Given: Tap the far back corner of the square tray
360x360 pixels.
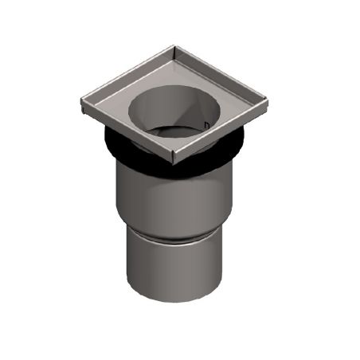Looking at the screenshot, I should click(173, 49).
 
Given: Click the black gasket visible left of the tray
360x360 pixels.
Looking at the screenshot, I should click(116, 140).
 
